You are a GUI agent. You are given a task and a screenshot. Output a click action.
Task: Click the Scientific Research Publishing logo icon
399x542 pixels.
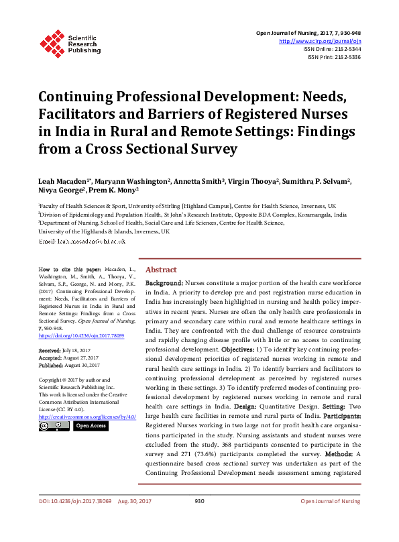(53, 42)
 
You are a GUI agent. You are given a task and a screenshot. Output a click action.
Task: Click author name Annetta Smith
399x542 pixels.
(203, 182)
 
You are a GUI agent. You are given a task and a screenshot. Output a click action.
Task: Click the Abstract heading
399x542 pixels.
(161, 268)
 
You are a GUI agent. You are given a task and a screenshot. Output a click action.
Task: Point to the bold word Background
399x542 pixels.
(164, 285)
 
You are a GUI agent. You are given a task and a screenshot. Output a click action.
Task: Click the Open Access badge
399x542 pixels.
(90, 425)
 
